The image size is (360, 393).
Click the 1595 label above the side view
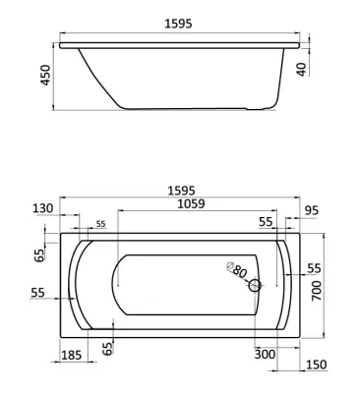tap(178, 24)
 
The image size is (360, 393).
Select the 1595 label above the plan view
tap(181, 191)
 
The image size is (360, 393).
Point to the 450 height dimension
tap(45, 76)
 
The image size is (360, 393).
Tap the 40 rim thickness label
tap(301, 69)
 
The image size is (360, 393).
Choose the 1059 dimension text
tap(191, 203)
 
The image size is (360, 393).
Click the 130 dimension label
tap(43, 208)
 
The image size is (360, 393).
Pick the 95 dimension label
tap(311, 210)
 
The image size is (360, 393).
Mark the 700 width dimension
tap(317, 291)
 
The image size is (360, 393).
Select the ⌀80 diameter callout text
tap(237, 269)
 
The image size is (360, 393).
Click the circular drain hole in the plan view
tap(255, 286)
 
